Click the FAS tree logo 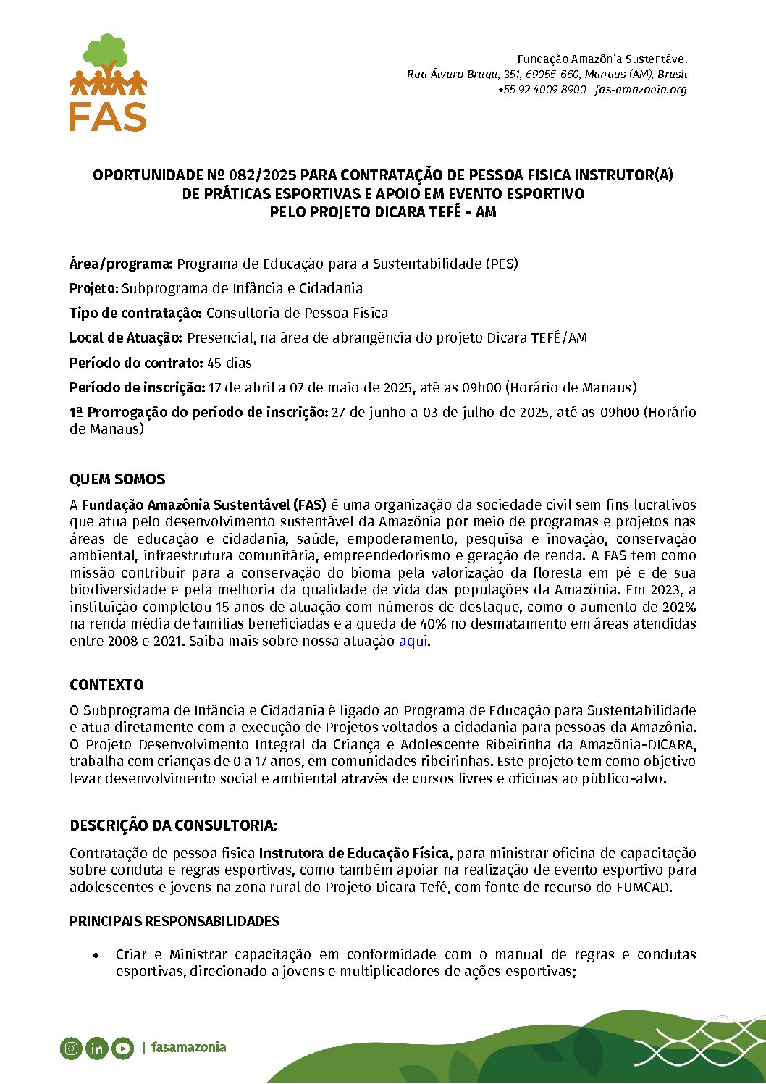click(108, 82)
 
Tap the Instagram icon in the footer click(71, 1048)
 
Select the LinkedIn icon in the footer click(96, 1048)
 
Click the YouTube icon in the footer click(122, 1048)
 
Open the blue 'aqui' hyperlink click(413, 641)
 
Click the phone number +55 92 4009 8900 click(542, 90)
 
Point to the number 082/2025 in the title click(262, 175)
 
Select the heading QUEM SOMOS click(117, 479)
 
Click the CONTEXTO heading click(106, 685)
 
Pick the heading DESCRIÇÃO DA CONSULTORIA click(173, 825)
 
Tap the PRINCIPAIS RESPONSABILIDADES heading click(174, 921)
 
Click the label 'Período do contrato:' click(136, 363)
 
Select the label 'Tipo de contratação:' click(135, 313)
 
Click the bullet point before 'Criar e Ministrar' click(96, 955)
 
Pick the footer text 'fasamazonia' click(188, 1047)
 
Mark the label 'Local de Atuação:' click(126, 337)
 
